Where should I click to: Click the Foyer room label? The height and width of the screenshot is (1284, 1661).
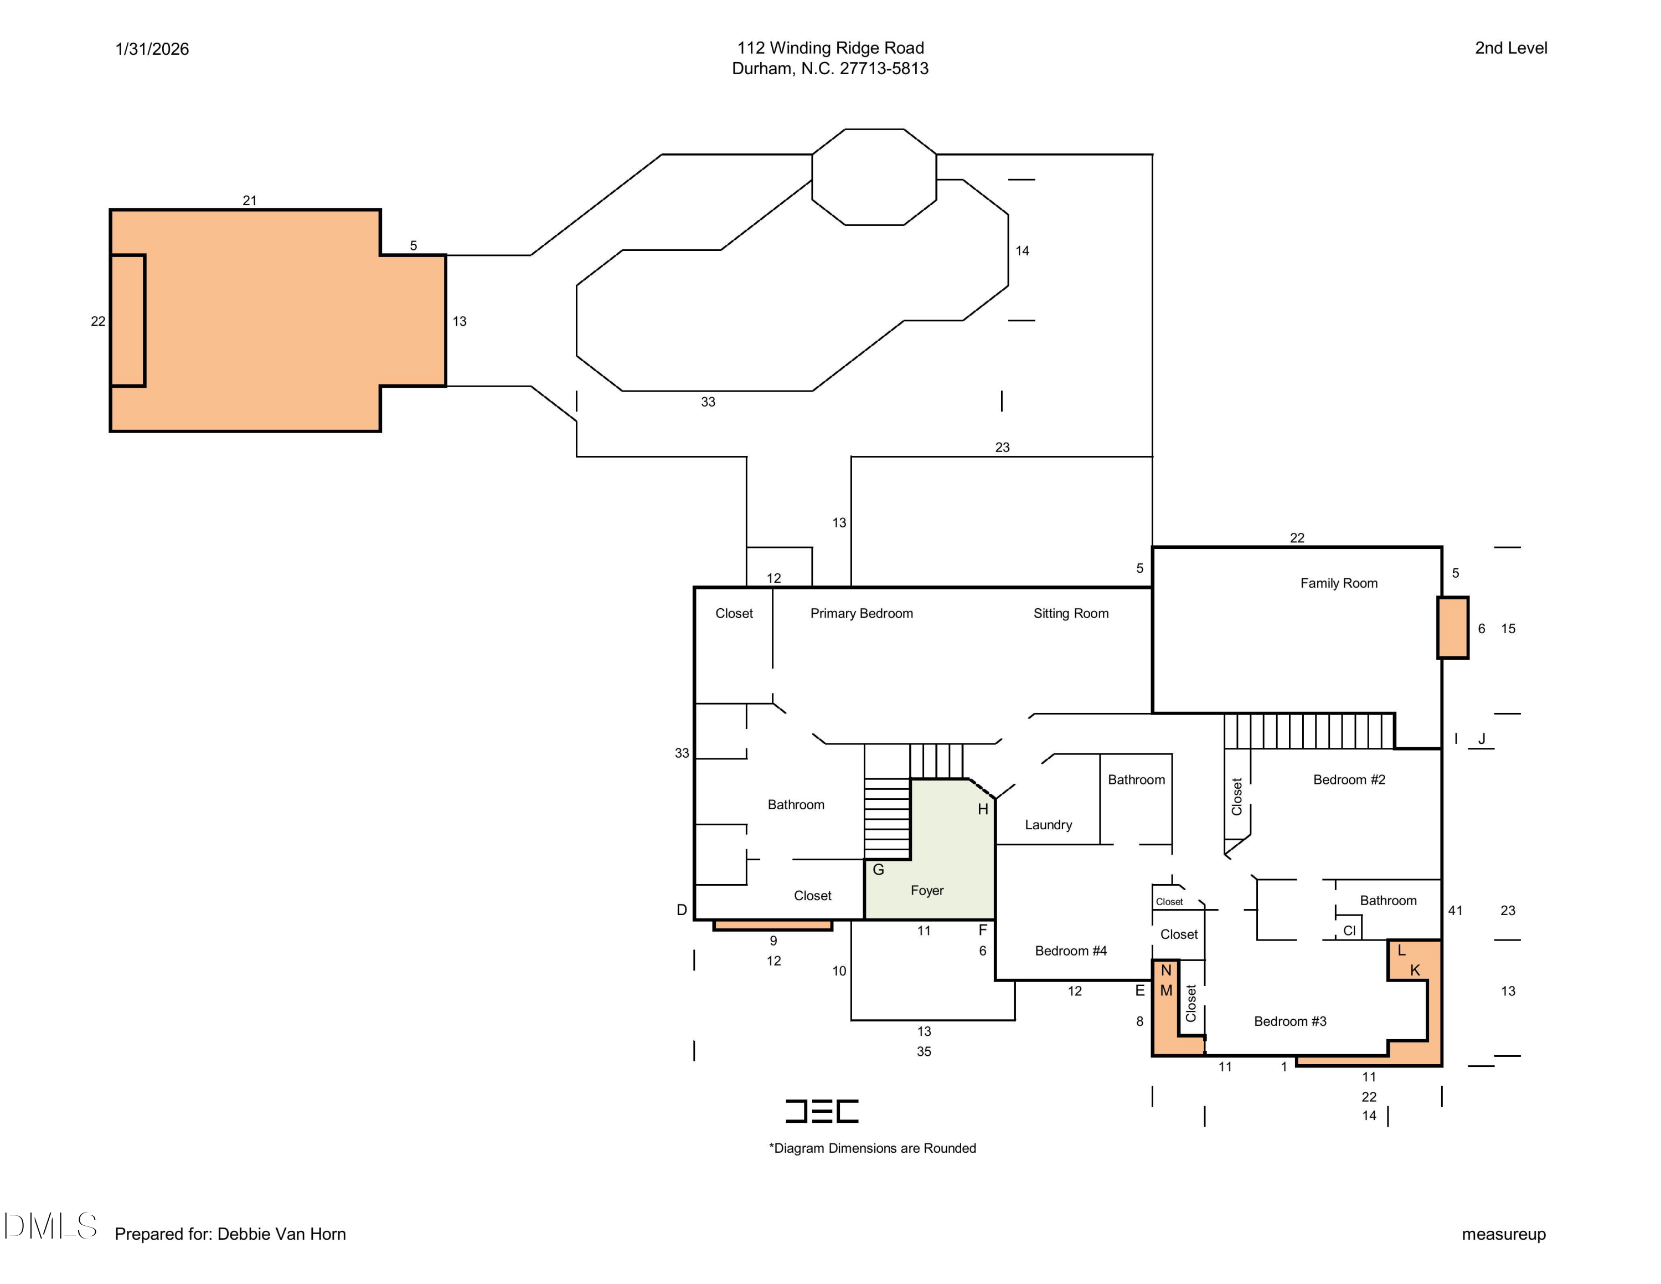(x=927, y=891)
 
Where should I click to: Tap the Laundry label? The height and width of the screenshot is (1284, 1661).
(x=1048, y=825)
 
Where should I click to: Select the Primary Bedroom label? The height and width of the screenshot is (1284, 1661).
(x=862, y=614)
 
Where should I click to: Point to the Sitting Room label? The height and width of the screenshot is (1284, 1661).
(x=1071, y=614)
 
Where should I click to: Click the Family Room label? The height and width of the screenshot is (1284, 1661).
(x=1339, y=583)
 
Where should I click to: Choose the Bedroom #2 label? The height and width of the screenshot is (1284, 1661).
(x=1349, y=780)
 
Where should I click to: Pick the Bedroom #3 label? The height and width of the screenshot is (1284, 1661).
(x=1290, y=1021)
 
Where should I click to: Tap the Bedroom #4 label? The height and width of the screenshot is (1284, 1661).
(x=1071, y=951)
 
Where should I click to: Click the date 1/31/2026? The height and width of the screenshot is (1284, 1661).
(x=152, y=49)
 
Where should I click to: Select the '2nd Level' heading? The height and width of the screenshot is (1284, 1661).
(x=1511, y=48)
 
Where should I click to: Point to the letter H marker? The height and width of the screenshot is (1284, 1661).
(x=983, y=809)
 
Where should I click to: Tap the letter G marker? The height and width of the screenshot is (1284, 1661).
(x=879, y=870)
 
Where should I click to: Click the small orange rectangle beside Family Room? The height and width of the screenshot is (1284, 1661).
(x=1453, y=628)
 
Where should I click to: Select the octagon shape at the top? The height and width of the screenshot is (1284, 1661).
(x=874, y=177)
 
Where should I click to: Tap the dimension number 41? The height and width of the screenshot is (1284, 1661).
(x=1455, y=911)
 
